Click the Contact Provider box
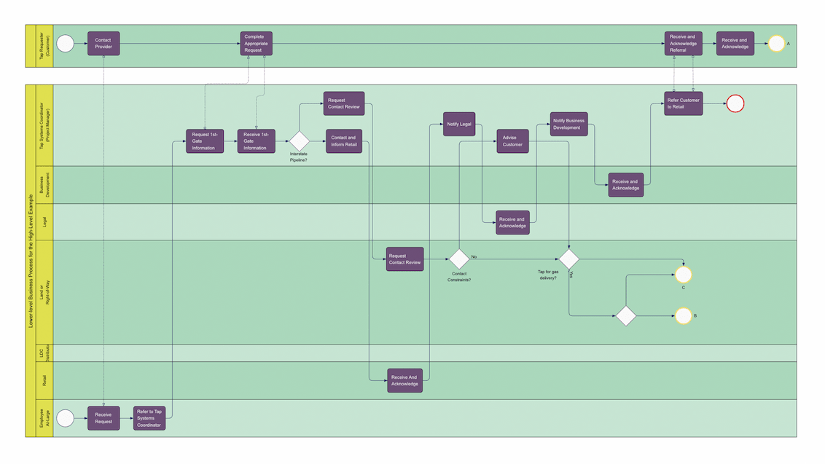click(x=103, y=44)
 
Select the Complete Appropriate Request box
click(x=257, y=44)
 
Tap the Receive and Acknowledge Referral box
click(x=683, y=44)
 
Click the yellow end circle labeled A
click(x=777, y=44)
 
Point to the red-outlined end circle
click(x=735, y=103)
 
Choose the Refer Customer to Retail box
click(x=683, y=103)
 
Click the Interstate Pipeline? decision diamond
click(x=299, y=141)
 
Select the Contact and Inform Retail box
click(x=343, y=141)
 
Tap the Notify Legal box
click(x=459, y=124)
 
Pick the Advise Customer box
click(x=512, y=141)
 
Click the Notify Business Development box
click(x=568, y=124)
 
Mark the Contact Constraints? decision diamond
click(x=459, y=259)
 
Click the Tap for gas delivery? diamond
click(x=568, y=259)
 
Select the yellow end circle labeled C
click(x=683, y=275)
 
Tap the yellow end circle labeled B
click(x=683, y=315)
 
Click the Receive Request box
click(x=103, y=418)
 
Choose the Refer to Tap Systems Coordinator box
click(x=149, y=418)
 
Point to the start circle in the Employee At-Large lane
click(x=66, y=418)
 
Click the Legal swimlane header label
click(x=44, y=222)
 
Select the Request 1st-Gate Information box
click(x=204, y=141)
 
